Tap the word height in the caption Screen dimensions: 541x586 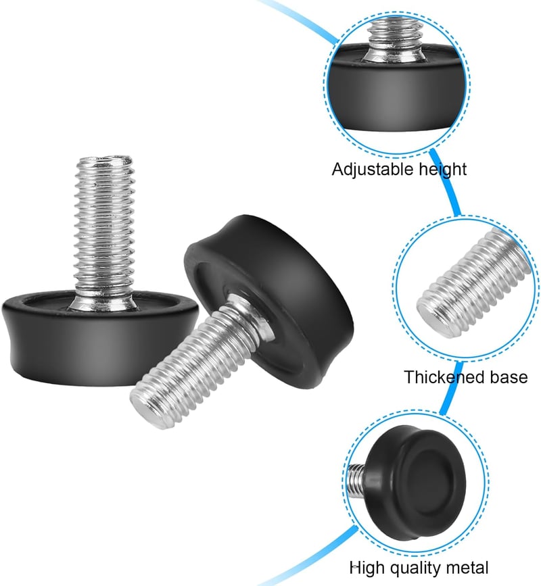443,170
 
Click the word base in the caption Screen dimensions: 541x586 509,377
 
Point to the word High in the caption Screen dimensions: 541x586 367,568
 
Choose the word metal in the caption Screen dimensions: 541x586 467,568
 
